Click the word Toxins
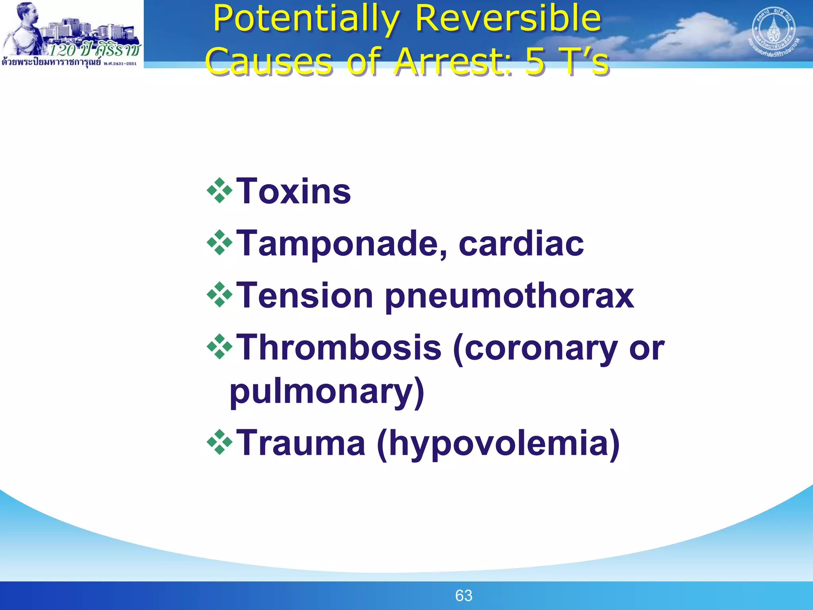click(x=293, y=192)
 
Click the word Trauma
click(x=301, y=443)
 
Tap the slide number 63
click(x=464, y=596)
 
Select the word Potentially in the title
click(x=306, y=19)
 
